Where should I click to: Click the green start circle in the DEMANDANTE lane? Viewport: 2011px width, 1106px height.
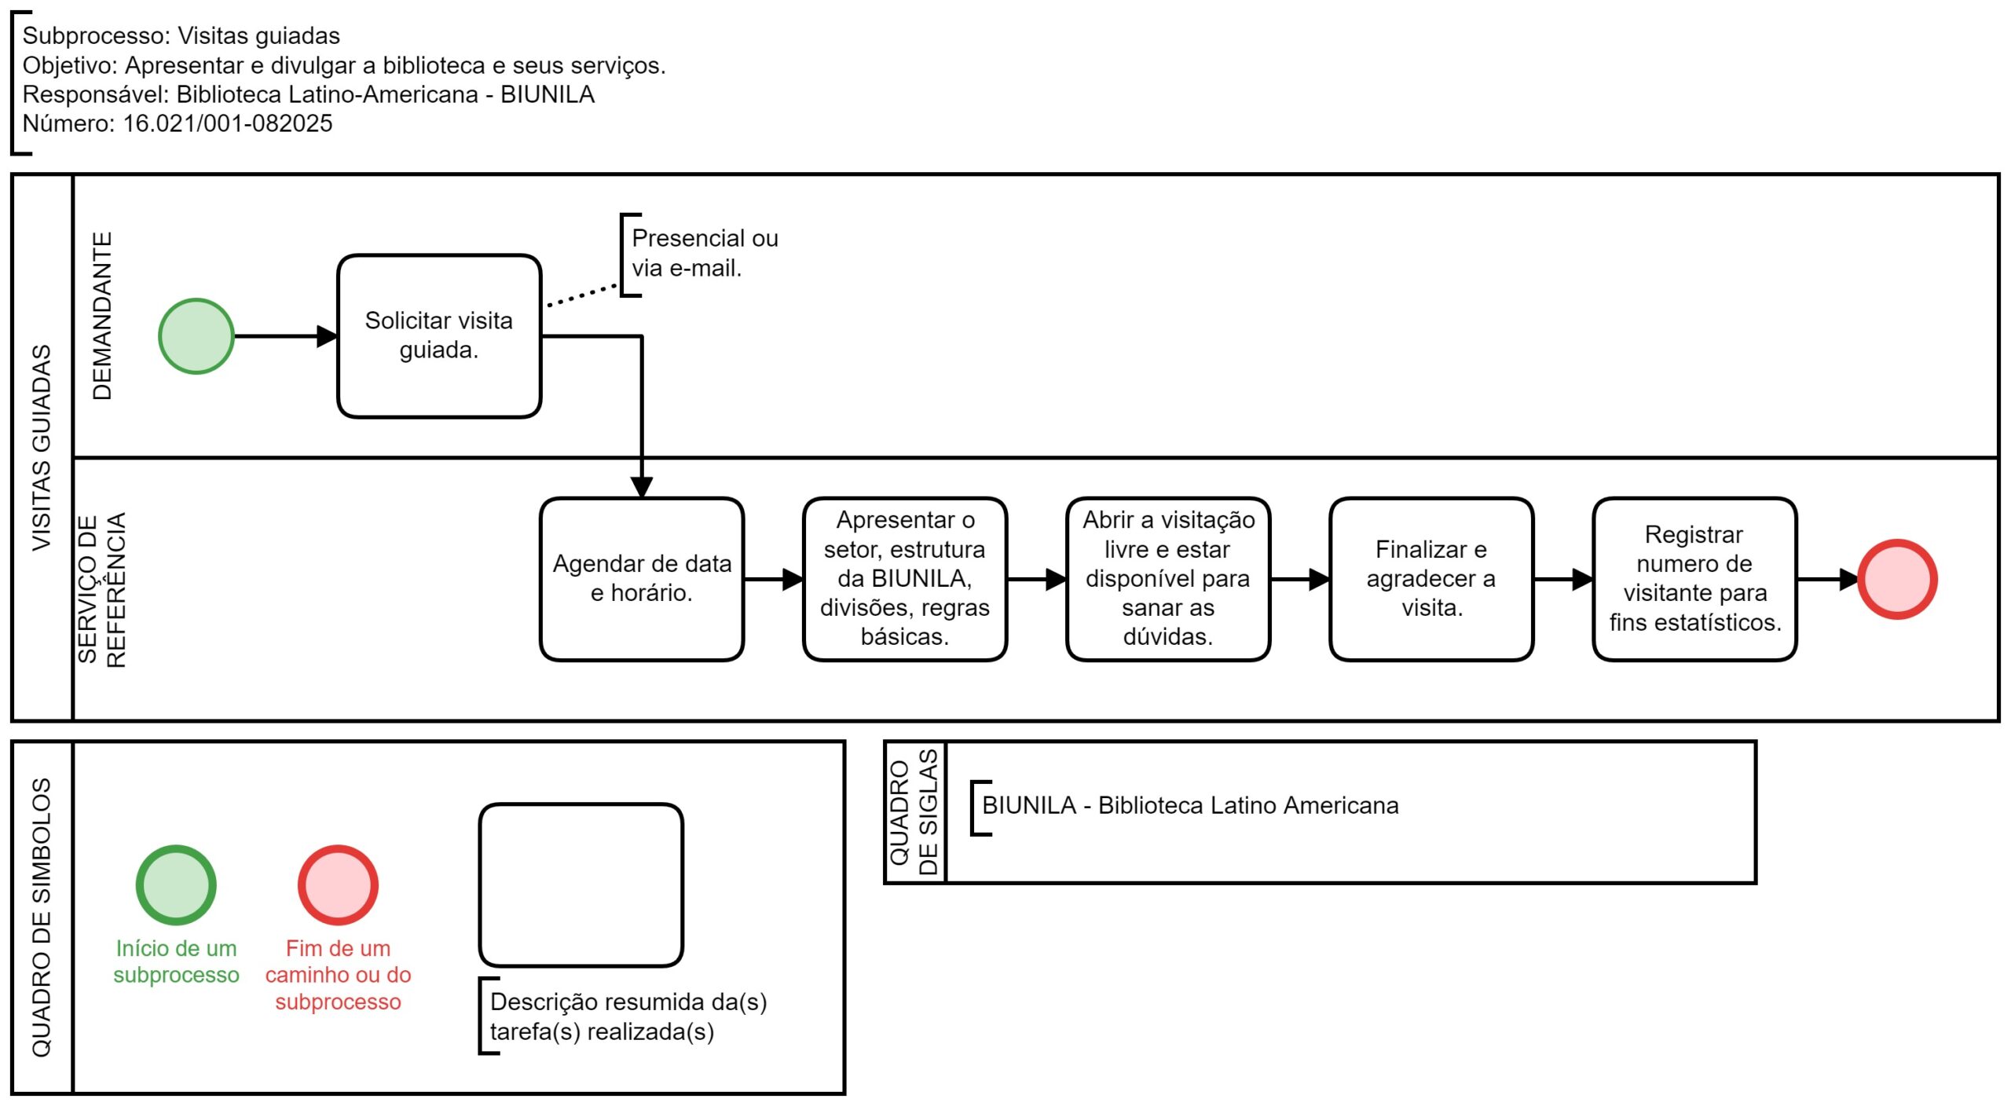196,336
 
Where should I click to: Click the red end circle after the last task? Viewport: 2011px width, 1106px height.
1897,580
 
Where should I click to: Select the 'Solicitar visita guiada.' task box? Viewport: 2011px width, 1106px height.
439,336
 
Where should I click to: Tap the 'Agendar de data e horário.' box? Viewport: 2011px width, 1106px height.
642,580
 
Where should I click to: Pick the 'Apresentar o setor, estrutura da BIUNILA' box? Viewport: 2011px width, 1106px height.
905,580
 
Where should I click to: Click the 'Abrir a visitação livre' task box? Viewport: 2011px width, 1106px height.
1168,580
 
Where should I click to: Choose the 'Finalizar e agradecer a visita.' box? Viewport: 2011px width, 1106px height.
1431,580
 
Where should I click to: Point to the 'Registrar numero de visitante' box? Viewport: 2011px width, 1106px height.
1695,580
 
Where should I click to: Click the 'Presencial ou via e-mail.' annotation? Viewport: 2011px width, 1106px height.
705,253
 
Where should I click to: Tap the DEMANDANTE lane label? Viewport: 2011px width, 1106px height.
102,316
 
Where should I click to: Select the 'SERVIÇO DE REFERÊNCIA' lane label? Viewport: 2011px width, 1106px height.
102,590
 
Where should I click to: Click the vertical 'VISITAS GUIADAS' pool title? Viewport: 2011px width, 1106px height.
41,448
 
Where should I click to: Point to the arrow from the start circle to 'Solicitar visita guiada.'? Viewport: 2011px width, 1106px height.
286,336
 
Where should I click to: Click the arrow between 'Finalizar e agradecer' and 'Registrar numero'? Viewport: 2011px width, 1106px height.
1563,580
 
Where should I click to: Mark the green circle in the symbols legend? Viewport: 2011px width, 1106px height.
176,885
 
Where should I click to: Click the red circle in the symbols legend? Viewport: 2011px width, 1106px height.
338,885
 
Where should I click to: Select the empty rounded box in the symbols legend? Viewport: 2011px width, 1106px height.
581,885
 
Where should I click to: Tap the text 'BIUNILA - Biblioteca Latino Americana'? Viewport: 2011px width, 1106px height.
1190,805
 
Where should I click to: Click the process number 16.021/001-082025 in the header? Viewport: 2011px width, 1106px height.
228,123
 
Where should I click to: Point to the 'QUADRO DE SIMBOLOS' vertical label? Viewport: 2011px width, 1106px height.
41,917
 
